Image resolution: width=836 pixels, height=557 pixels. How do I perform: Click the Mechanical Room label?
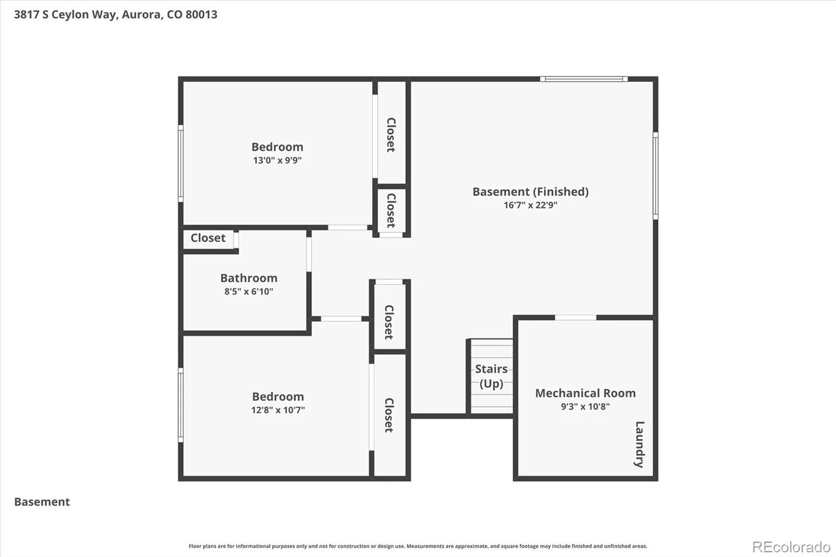click(585, 393)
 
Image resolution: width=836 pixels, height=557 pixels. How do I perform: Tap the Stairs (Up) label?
click(491, 376)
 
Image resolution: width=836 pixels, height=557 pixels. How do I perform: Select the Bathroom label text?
click(249, 278)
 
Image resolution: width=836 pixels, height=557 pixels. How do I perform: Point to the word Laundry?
click(640, 444)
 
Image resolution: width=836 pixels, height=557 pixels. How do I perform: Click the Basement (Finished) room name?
click(530, 192)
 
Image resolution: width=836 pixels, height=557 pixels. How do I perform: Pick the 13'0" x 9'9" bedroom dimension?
click(277, 160)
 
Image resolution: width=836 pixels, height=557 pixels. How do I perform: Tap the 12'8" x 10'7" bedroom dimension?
click(278, 410)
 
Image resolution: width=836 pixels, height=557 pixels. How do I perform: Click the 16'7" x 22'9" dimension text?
click(530, 205)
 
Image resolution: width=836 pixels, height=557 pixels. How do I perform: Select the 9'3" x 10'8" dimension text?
click(585, 406)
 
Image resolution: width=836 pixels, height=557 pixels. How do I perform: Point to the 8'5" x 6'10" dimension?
click(249, 291)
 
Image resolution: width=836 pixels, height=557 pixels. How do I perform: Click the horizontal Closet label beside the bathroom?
click(208, 238)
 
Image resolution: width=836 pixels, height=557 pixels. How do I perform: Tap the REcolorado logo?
click(791, 547)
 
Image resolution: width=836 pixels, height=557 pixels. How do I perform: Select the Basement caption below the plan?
click(42, 502)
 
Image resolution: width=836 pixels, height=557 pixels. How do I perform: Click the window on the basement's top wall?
click(584, 79)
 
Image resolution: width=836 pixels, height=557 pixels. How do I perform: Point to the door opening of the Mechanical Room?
click(575, 318)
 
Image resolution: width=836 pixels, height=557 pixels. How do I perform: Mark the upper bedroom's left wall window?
click(181, 164)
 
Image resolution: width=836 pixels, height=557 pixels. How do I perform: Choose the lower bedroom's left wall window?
click(181, 405)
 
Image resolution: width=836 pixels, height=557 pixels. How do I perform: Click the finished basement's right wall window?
click(655, 176)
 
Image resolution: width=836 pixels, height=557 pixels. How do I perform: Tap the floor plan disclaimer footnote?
click(417, 546)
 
